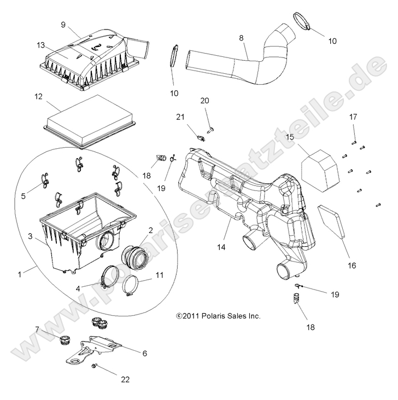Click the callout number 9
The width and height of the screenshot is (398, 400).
tap(63, 25)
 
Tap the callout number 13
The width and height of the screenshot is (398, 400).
tap(40, 45)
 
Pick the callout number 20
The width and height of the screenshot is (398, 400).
tap(204, 101)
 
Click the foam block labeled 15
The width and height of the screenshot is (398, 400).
tap(321, 164)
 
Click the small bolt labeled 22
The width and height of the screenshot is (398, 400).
tap(95, 365)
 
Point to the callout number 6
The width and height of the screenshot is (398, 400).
tap(144, 354)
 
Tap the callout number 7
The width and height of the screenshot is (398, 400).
tap(37, 329)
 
